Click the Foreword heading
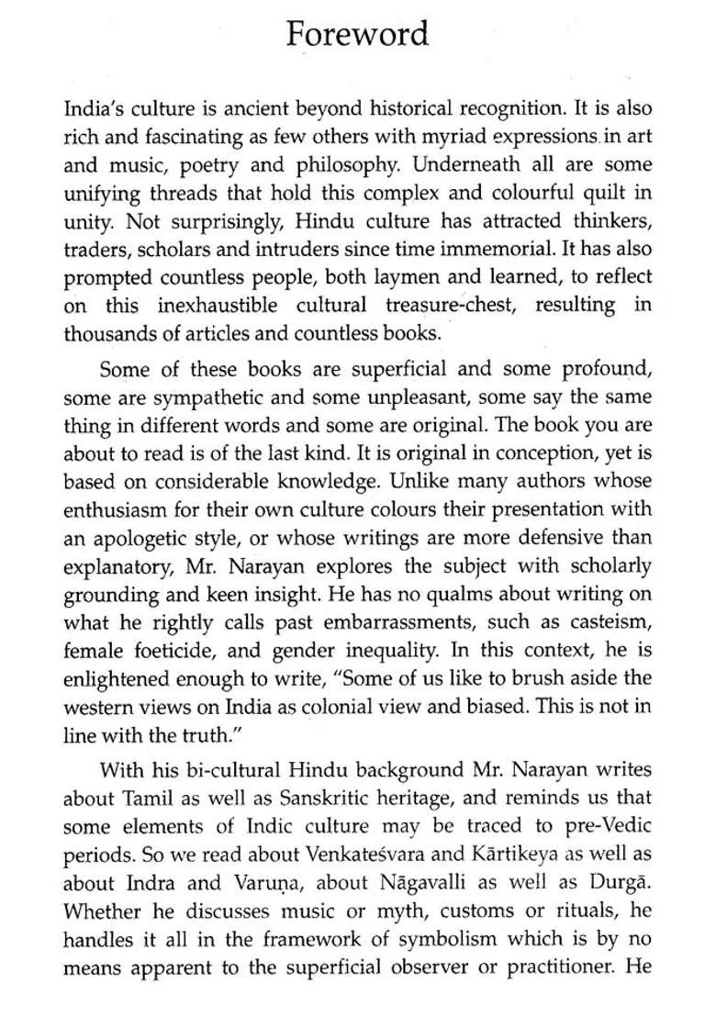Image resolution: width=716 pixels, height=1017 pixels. (x=357, y=34)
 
